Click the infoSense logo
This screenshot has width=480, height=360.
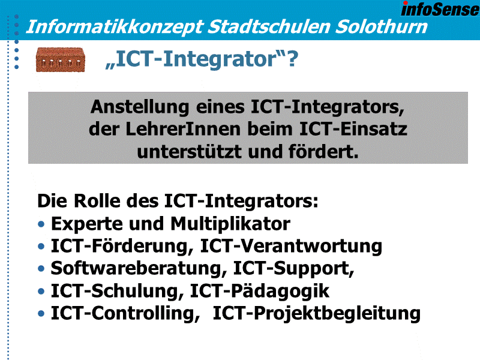[440, 9]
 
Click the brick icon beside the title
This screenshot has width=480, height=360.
[60, 59]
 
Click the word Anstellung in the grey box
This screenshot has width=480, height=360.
[140, 107]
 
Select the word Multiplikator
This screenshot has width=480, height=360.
[230, 224]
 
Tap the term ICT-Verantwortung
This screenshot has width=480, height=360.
[291, 246]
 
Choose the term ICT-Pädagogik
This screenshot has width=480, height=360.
[260, 291]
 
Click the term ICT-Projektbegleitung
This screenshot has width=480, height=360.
[316, 314]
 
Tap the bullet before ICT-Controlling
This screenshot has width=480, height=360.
[41, 314]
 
